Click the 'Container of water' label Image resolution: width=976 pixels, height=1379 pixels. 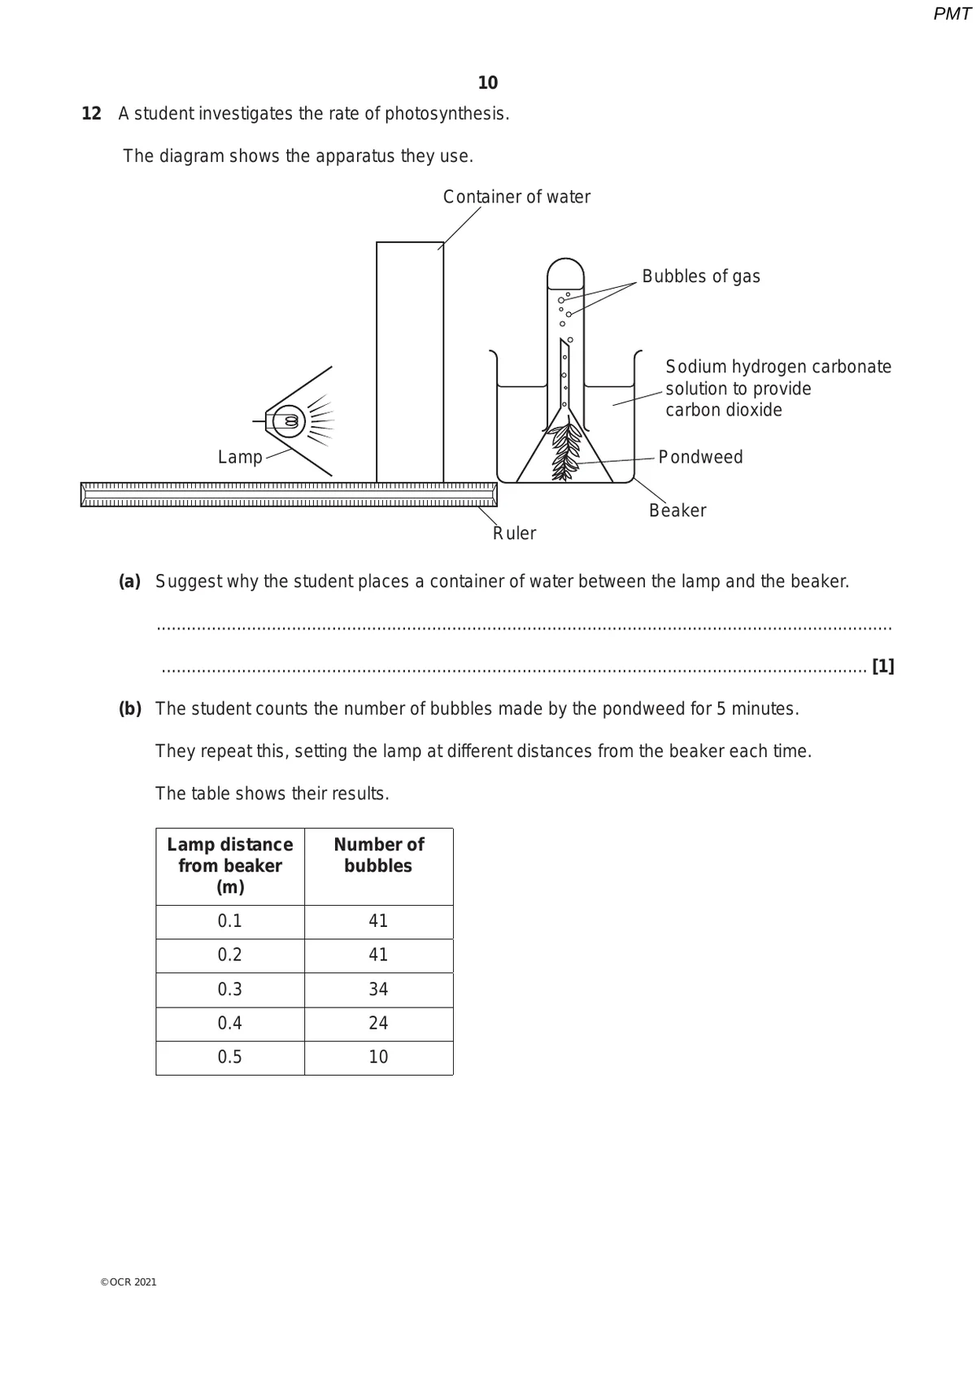tap(516, 197)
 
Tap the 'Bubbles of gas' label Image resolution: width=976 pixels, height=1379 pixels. tap(700, 276)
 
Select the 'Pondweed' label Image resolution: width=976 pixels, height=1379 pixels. tap(700, 457)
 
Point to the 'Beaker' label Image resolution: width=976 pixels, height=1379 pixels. tap(678, 511)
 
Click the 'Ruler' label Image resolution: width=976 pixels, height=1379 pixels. tap(515, 533)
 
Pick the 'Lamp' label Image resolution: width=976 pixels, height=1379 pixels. tap(240, 457)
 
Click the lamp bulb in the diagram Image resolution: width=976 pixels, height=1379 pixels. tap(290, 420)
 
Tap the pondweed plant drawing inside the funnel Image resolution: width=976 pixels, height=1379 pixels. tap(565, 451)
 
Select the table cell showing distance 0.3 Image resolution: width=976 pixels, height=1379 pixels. tap(230, 990)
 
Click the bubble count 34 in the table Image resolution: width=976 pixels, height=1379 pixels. tap(378, 990)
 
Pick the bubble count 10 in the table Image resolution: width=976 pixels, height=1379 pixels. tap(378, 1057)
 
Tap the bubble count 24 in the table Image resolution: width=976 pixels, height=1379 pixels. tap(378, 1023)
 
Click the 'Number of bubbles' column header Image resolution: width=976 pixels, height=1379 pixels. tap(378, 855)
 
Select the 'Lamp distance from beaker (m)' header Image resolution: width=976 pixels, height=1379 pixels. tap(230, 866)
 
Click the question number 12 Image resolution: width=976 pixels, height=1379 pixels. tap(92, 114)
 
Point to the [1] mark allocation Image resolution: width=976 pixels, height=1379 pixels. tap(882, 667)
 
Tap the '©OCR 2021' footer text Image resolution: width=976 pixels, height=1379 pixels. tap(129, 1282)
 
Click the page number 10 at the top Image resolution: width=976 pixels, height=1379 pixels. tap(488, 83)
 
